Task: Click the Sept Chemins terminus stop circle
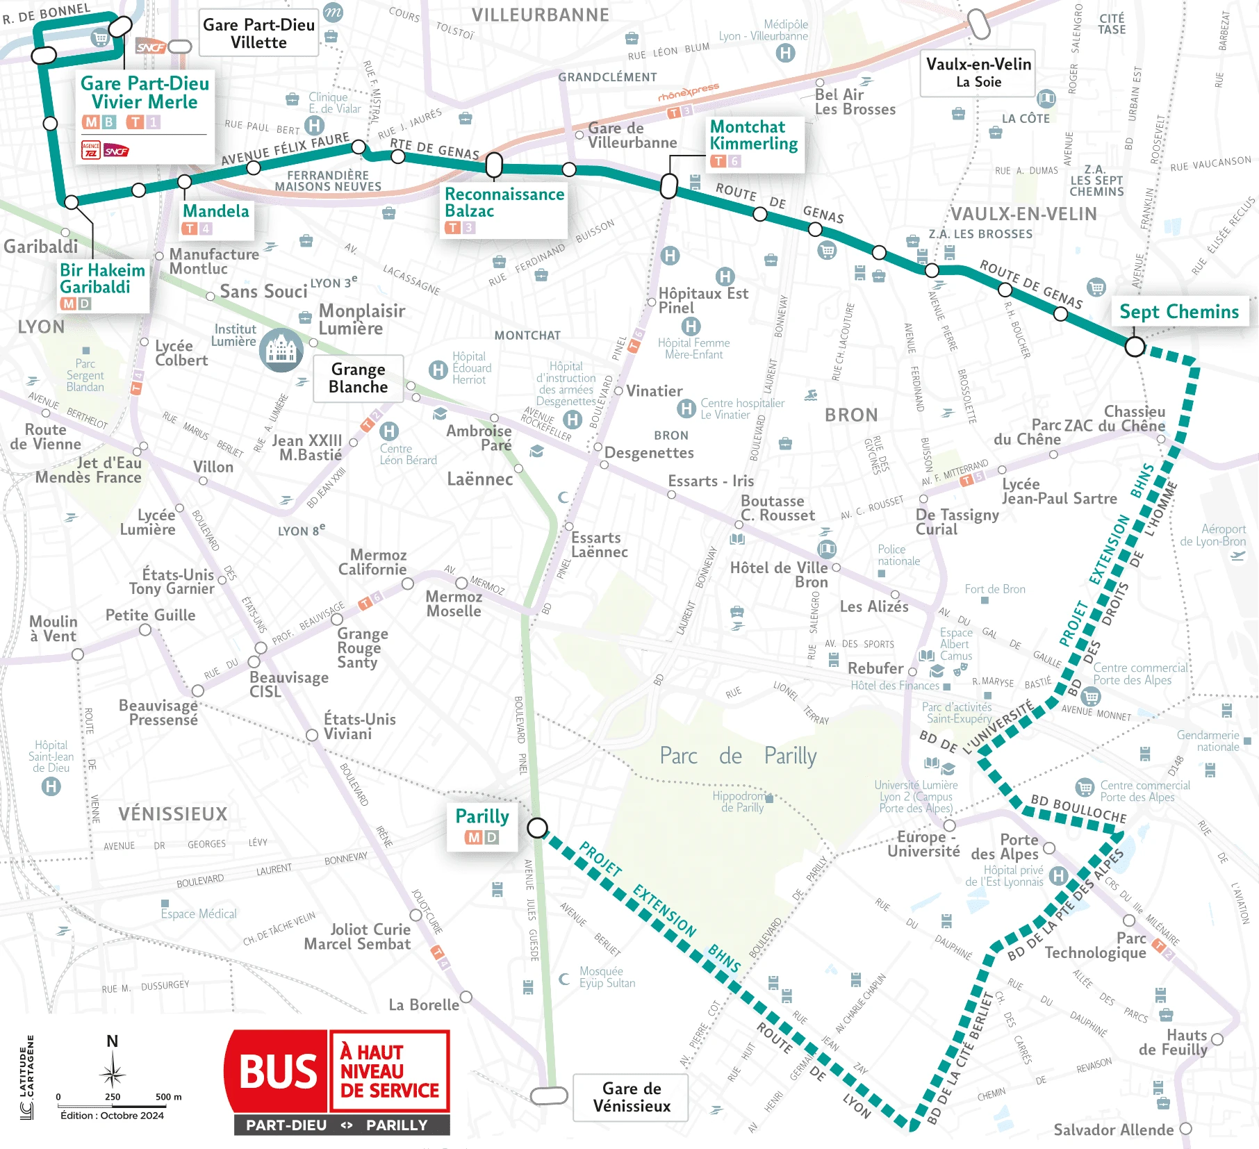point(1134,346)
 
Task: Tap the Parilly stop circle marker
point(537,827)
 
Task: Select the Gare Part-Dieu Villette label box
point(258,33)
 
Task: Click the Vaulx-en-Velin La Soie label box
point(978,73)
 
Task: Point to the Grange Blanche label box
point(358,378)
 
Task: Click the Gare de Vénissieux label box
point(631,1098)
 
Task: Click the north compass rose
point(113,1074)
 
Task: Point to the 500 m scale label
point(168,1097)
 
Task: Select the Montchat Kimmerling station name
point(753,135)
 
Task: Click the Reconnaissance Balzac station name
point(504,202)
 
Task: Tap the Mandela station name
point(215,211)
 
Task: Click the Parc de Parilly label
point(738,756)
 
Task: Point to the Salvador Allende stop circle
point(1186,1129)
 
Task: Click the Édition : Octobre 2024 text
point(112,1116)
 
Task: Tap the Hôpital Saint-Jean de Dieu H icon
point(51,786)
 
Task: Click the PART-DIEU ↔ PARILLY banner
point(342,1125)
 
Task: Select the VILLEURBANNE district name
point(540,15)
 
